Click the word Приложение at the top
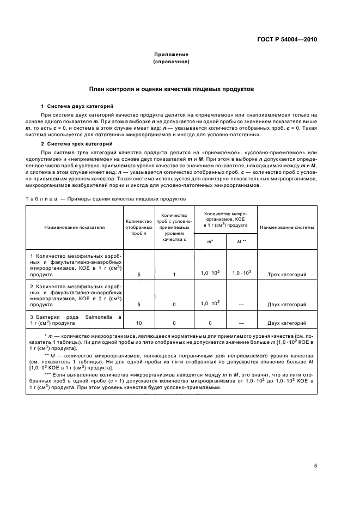(171, 54)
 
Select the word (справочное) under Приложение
(171, 62)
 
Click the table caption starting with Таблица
(106, 199)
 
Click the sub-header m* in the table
(210, 240)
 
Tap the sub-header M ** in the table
(241, 240)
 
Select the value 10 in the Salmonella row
(139, 323)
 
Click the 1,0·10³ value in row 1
(241, 273)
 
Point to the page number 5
(315, 465)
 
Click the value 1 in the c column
(174, 275)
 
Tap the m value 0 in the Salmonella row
(210, 323)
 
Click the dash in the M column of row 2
(241, 304)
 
